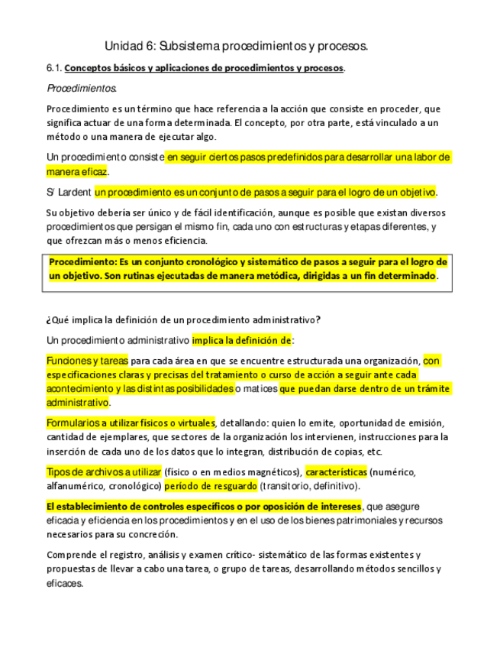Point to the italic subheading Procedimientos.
[82, 89]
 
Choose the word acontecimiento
[82, 388]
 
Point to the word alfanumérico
[79, 485]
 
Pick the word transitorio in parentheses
[287, 485]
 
